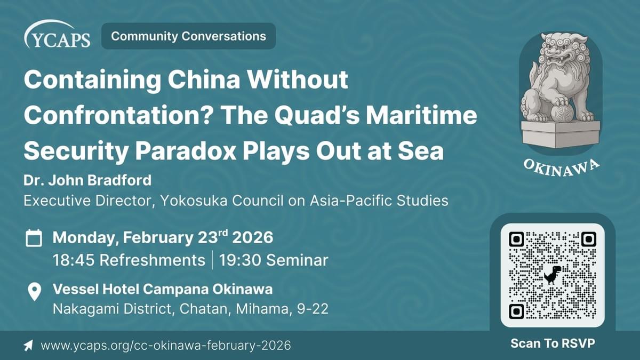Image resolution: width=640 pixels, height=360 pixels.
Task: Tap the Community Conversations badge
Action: tap(188, 36)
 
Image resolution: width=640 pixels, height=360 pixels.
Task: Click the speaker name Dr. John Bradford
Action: tap(87, 181)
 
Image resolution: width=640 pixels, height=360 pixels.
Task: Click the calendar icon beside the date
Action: tap(34, 238)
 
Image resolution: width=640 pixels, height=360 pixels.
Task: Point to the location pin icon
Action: tap(34, 292)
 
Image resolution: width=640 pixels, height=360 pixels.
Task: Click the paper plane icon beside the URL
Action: tap(28, 346)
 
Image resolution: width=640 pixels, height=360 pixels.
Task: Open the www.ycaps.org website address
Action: tap(165, 346)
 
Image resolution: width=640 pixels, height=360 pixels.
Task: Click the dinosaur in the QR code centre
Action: tap(553, 275)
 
